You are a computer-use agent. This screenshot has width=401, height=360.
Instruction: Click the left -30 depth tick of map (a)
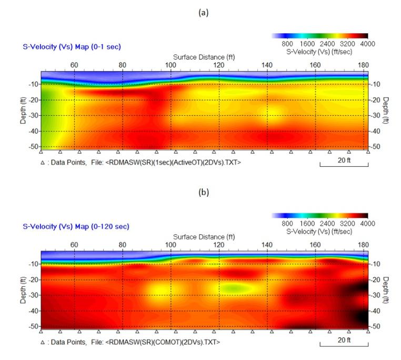33,116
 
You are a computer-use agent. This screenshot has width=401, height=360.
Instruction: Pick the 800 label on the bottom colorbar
287,224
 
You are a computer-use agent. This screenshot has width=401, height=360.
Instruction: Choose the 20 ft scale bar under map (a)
344,161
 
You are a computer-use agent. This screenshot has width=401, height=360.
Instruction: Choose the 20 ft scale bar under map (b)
344,341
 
